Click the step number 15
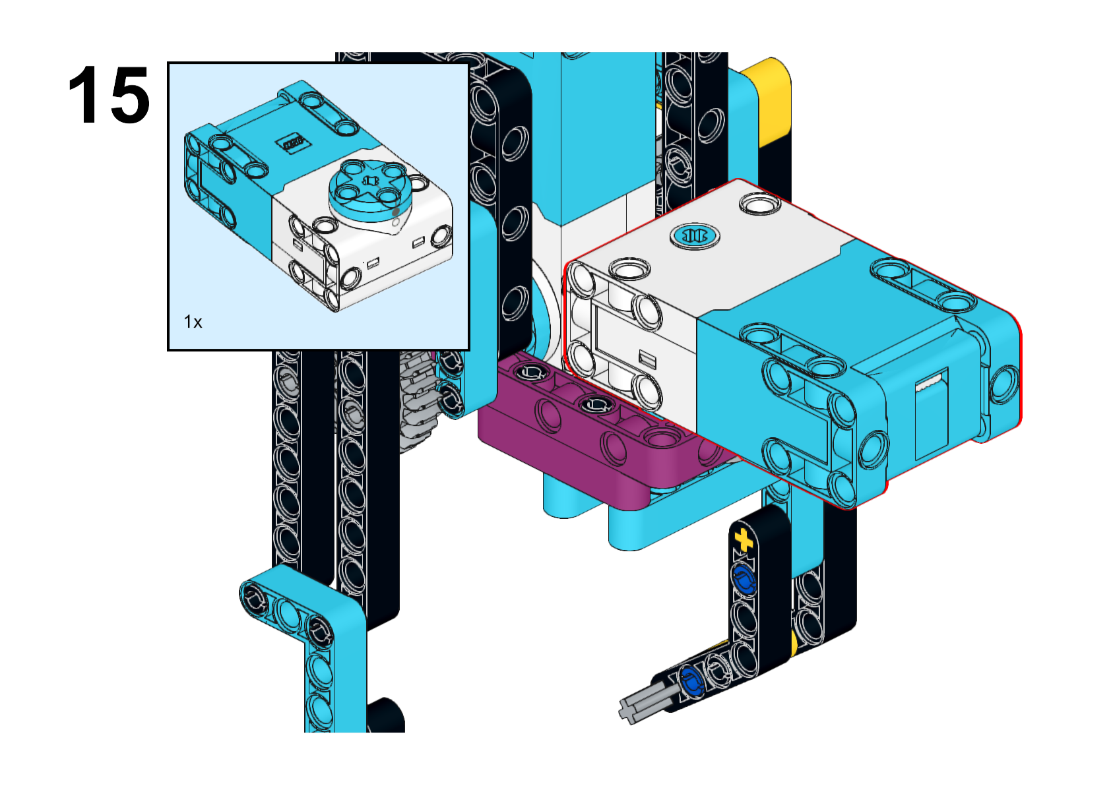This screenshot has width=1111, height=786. [108, 94]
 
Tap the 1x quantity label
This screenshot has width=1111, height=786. [193, 322]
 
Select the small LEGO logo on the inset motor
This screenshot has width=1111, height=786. [296, 142]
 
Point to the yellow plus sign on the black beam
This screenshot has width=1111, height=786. [743, 540]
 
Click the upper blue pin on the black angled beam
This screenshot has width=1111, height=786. [742, 579]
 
